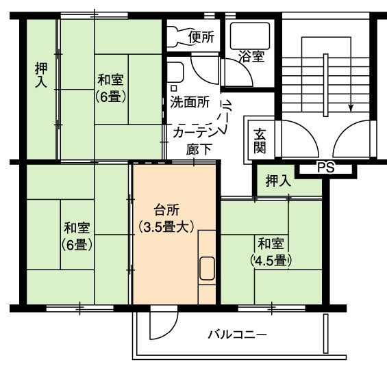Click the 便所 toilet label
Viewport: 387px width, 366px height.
coord(201,37)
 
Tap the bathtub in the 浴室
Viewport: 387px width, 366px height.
coord(250,36)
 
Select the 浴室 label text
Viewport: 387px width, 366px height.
coord(251,57)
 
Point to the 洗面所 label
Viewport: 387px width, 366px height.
coord(190,102)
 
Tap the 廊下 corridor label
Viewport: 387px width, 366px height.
coord(199,149)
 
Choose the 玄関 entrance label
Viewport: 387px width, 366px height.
coord(260,141)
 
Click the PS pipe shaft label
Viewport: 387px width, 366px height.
coord(325,168)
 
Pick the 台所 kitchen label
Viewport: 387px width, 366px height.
coord(166,210)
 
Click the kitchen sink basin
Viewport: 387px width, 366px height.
coord(207,268)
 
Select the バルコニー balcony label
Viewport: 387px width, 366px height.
coord(238,335)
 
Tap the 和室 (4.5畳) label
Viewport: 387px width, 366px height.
coord(271,252)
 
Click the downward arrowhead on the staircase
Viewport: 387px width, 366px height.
coord(351,108)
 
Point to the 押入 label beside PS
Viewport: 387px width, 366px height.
coord(278,181)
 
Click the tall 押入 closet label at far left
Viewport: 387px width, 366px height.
coord(41,75)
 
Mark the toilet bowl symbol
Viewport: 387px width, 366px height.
coord(178,37)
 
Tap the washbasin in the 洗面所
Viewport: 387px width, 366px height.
coord(175,72)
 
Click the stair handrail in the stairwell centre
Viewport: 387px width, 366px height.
coord(326,86)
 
